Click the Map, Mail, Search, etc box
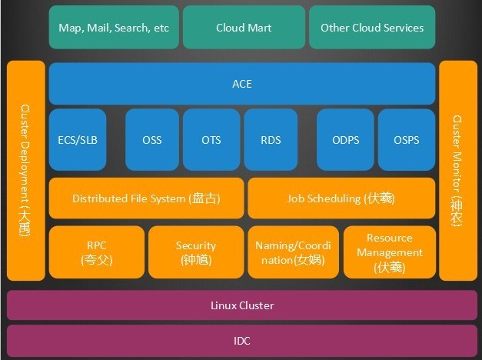coord(114,28)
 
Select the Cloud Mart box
coord(244,28)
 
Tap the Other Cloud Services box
coord(372,28)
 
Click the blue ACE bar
coord(241,84)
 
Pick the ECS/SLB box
coord(78,140)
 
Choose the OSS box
coord(152,140)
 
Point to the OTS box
coord(211,140)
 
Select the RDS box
coord(271,140)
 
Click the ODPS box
coord(345,140)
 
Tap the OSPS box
coord(407,140)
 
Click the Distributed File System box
coord(146,198)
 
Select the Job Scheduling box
coord(341,198)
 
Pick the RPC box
coord(96,252)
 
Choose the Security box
coord(195,252)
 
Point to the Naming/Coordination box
coord(293,252)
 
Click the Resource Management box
coord(389,252)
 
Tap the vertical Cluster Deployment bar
coord(25,171)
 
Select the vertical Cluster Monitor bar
coord(457,171)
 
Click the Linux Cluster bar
coord(241,305)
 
